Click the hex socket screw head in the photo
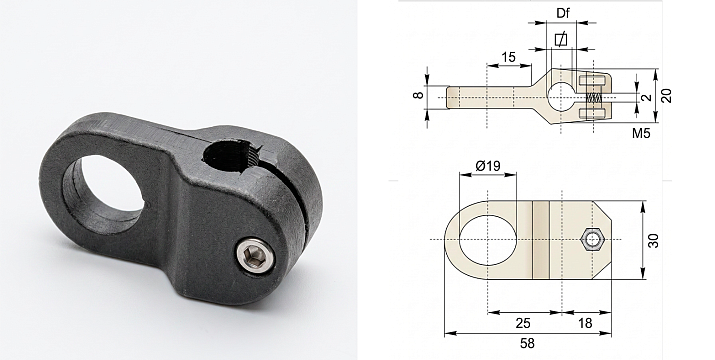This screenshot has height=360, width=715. pyautogui.click(x=255, y=256)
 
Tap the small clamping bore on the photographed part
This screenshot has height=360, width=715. pyautogui.click(x=230, y=156)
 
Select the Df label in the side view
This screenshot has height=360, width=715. pyautogui.click(x=563, y=13)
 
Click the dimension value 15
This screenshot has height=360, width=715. pyautogui.click(x=508, y=57)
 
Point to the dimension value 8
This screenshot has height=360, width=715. pyautogui.click(x=419, y=95)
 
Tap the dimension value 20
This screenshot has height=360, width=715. pyautogui.click(x=666, y=95)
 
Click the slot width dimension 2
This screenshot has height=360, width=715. pyautogui.click(x=646, y=98)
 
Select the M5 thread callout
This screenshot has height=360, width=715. pyautogui.click(x=641, y=133)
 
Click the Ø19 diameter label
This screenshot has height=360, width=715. pyautogui.click(x=487, y=166)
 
